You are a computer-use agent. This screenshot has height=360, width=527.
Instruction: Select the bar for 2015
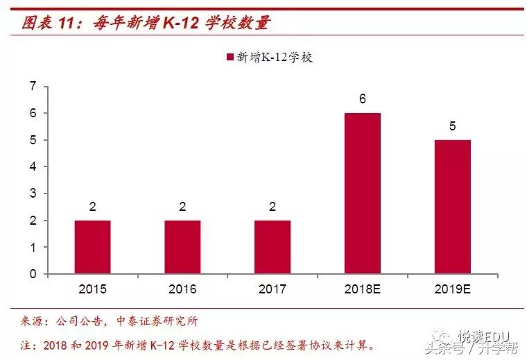tap(92, 247)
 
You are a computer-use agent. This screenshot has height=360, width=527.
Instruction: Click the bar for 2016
tap(182, 247)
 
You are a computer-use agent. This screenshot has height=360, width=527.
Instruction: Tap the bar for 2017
tap(273, 247)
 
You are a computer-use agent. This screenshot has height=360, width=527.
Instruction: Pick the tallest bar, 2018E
tap(363, 194)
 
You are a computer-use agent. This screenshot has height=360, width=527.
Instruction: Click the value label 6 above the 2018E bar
tap(363, 99)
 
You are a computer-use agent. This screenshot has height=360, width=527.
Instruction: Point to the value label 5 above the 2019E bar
tap(453, 126)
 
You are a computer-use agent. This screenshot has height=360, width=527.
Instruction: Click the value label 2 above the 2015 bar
tap(92, 207)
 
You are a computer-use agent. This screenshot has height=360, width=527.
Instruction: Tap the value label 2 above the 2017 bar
tap(273, 207)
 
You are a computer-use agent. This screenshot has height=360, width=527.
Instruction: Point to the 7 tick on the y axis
tap(33, 86)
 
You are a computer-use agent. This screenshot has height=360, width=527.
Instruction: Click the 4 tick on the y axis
tap(33, 166)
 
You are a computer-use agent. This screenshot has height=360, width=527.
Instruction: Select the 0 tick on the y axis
tap(33, 274)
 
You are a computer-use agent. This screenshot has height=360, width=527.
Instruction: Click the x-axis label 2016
tap(182, 289)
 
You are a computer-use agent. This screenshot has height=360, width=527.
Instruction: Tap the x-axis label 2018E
tap(363, 289)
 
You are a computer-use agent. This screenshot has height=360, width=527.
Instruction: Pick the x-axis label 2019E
tap(453, 289)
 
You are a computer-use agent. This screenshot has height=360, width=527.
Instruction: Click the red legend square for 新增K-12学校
tap(230, 58)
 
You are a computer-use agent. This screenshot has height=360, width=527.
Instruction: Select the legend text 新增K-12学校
tap(275, 58)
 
